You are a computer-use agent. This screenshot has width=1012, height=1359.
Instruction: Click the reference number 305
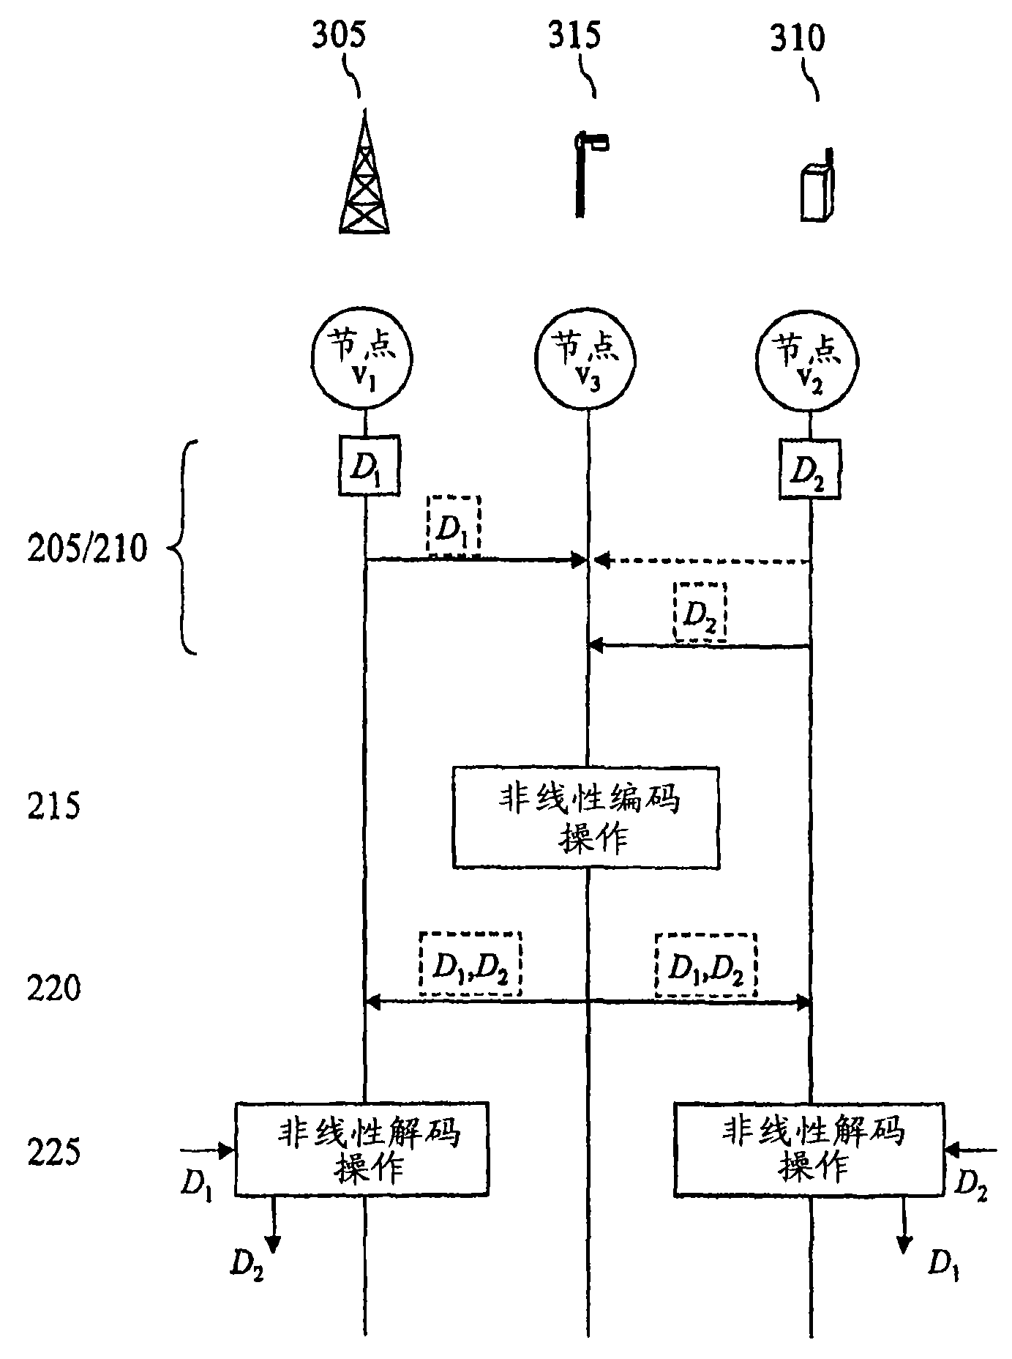click(338, 36)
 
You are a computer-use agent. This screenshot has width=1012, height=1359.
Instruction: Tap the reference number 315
click(574, 34)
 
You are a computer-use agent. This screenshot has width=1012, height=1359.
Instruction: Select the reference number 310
click(797, 37)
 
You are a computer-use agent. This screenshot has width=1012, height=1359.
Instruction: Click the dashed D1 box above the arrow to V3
click(454, 525)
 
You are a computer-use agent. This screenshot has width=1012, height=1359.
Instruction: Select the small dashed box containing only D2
click(700, 612)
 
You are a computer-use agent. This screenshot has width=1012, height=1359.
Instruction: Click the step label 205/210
click(87, 548)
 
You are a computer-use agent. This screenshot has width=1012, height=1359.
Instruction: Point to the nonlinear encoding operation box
click(586, 817)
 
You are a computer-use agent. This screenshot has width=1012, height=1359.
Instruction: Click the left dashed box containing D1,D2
click(470, 964)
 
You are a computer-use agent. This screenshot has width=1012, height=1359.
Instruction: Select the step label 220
click(54, 988)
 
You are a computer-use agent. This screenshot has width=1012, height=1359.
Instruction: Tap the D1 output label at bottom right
click(943, 1262)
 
